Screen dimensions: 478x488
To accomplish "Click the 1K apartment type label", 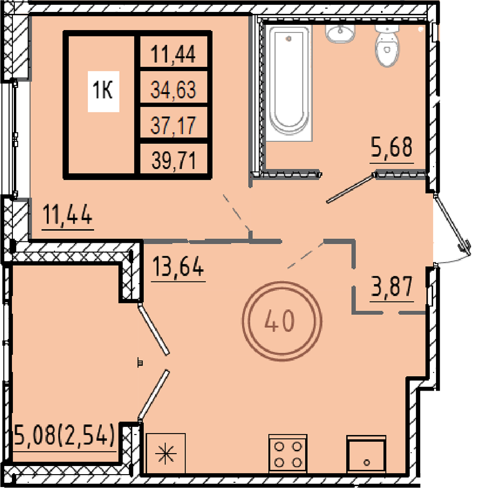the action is coord(103,91).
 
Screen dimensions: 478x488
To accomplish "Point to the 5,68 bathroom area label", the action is coord(392,148).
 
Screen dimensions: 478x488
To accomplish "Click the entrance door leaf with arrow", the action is coord(452,224).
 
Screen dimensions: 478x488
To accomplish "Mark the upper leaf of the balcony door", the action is coord(154,330).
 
